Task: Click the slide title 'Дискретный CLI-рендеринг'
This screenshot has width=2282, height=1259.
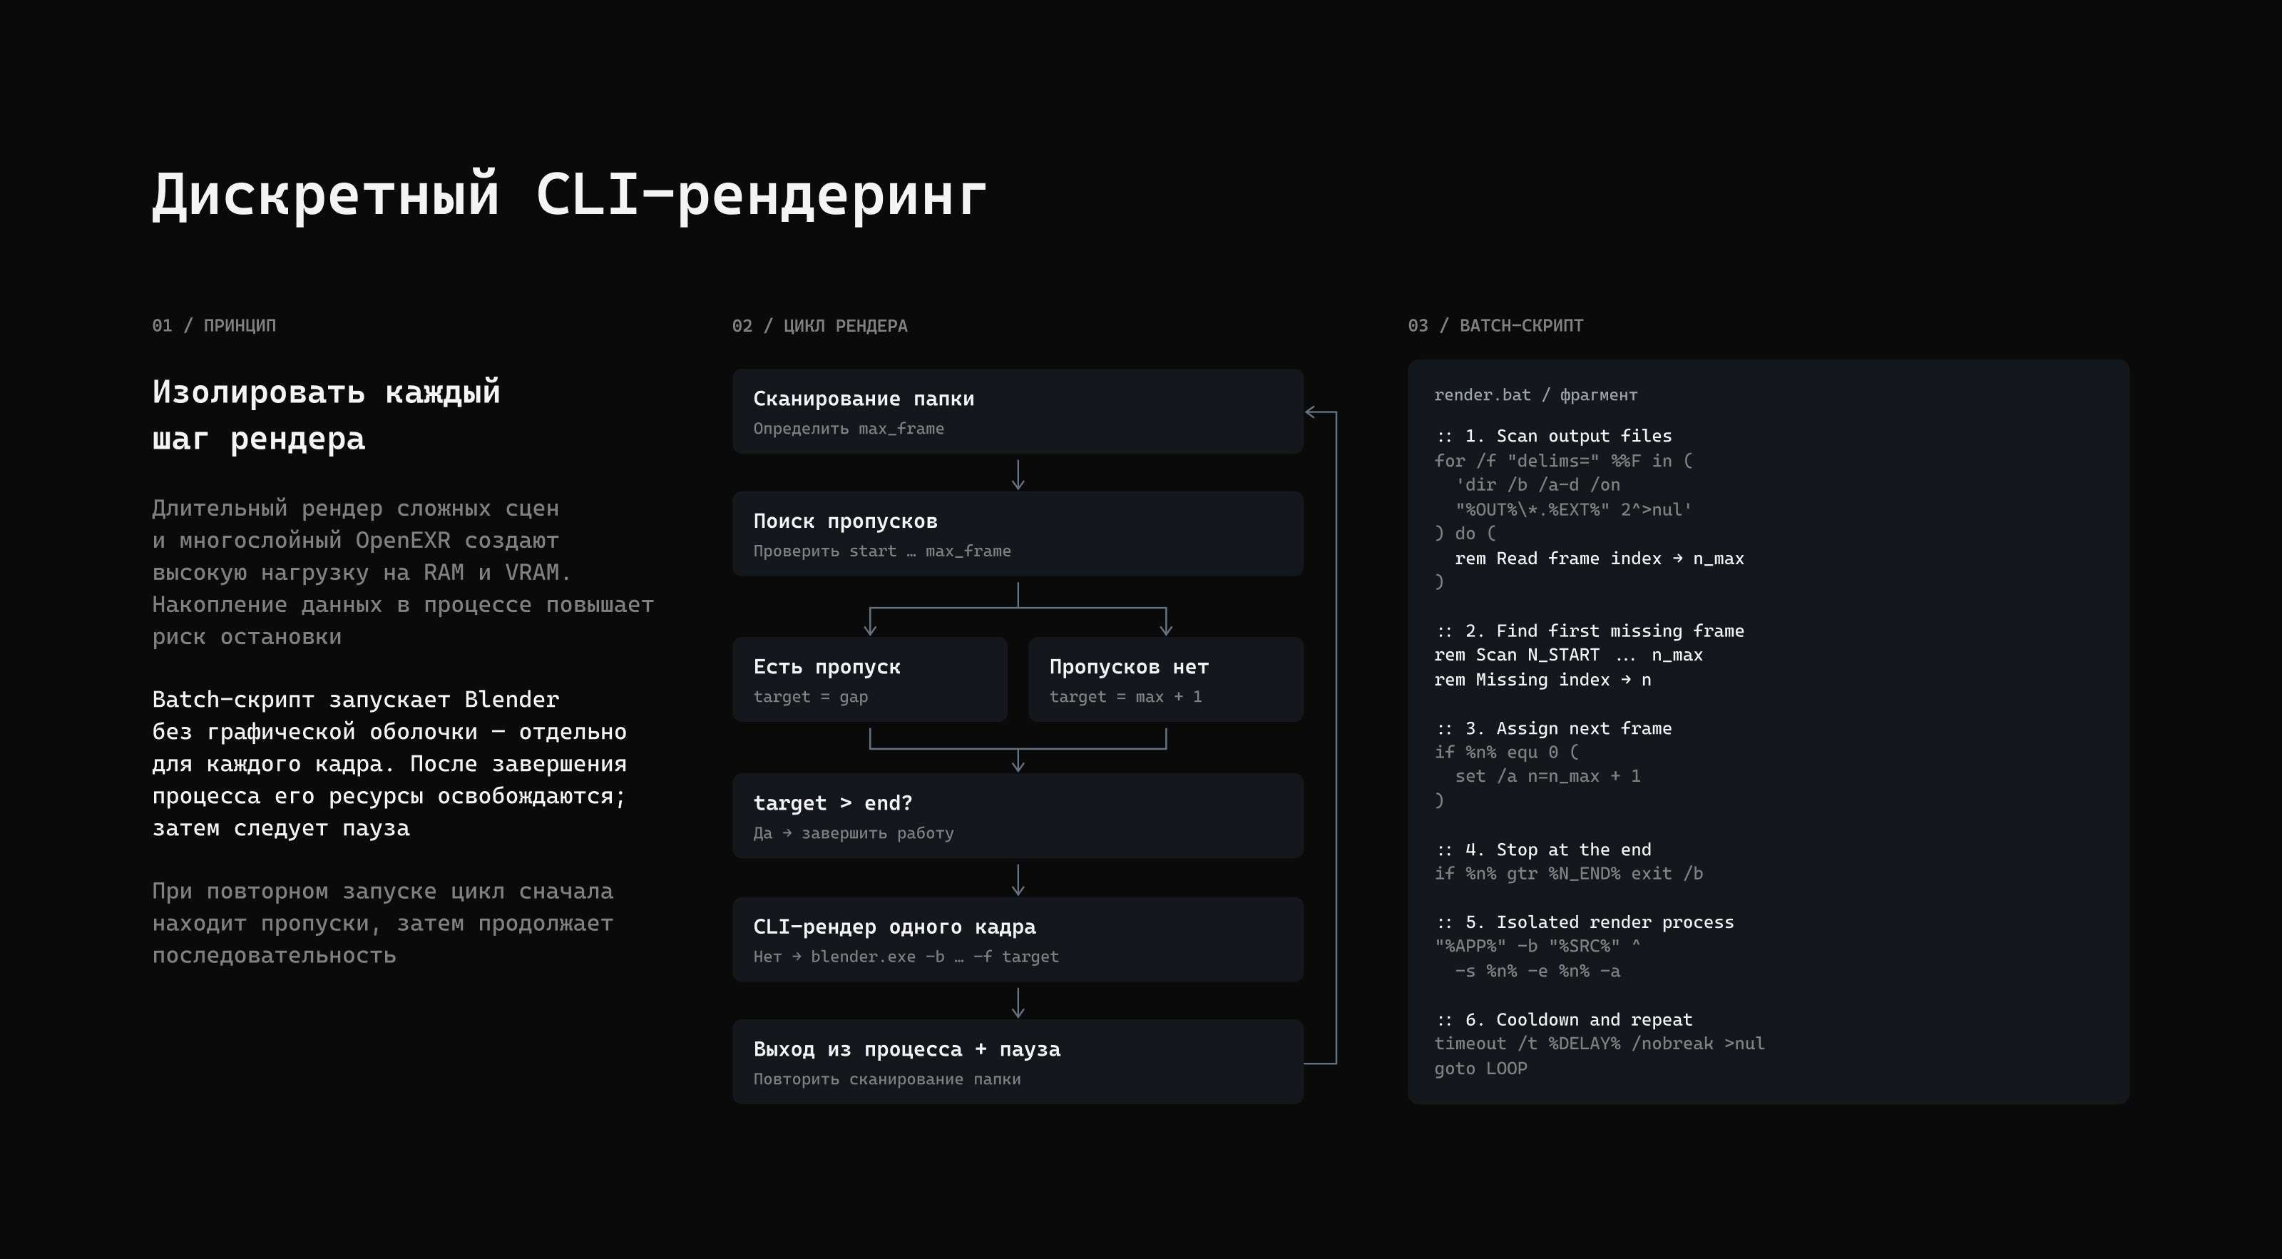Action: coord(569,195)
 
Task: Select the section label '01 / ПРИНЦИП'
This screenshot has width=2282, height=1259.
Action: coord(213,325)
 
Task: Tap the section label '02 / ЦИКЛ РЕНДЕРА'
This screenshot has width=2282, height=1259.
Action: coord(819,325)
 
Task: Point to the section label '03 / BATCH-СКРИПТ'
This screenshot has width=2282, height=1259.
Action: coord(1495,325)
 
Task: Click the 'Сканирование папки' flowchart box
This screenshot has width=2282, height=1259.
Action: coord(1018,411)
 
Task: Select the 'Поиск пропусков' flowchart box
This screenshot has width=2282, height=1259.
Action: coord(1018,534)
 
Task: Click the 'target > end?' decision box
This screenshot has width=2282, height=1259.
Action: coord(1018,816)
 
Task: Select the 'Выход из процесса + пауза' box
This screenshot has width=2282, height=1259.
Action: coord(1018,1061)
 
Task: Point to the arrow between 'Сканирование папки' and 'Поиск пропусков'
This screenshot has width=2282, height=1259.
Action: coord(1018,474)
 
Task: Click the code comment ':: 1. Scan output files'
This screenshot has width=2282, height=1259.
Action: coord(1553,436)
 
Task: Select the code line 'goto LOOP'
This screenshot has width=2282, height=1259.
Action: coord(1480,1068)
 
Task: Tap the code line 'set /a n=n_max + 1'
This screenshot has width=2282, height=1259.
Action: coord(1547,776)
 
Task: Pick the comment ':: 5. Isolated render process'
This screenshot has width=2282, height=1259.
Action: coord(1584,922)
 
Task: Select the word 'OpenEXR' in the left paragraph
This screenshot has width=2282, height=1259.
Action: coord(402,541)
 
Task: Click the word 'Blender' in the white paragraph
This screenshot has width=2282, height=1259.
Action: coord(511,699)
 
